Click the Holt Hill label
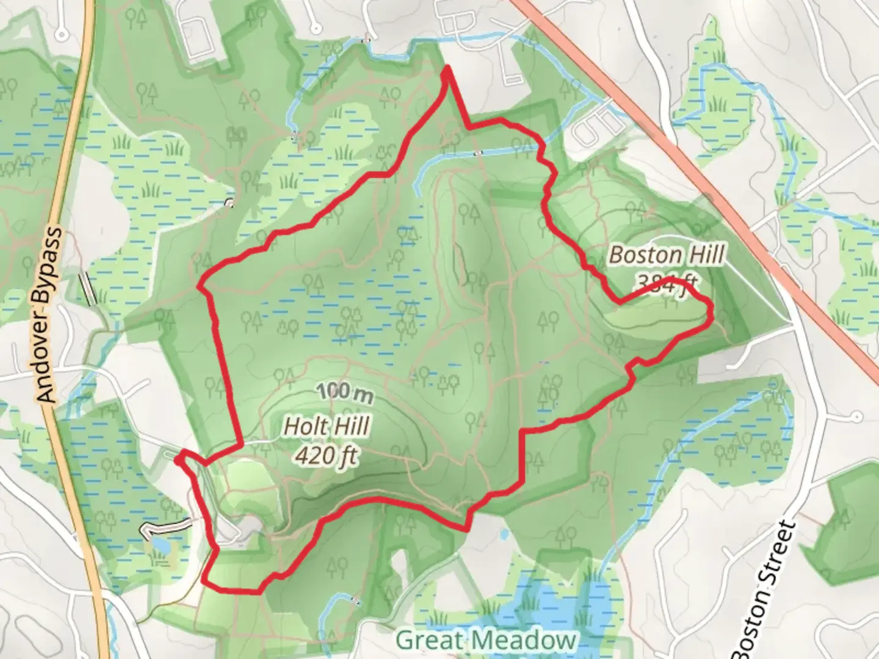327,427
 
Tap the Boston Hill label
667,254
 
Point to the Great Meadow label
486,641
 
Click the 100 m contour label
345,392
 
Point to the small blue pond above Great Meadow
504,535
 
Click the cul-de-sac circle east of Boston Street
856,417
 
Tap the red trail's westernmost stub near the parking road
178,459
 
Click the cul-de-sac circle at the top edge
314,27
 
